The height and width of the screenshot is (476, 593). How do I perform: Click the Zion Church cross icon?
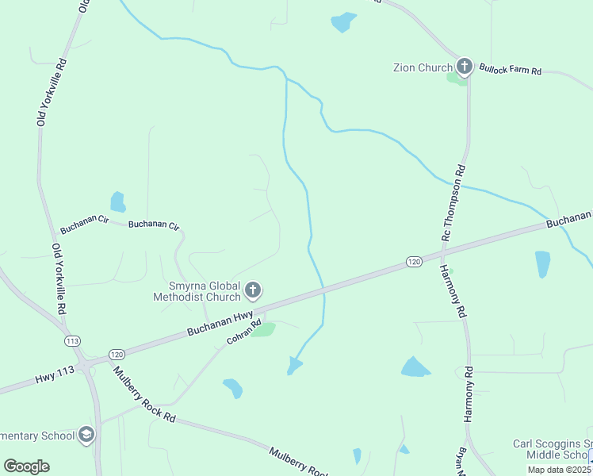point(464,67)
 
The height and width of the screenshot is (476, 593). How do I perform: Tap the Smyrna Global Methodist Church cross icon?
point(253,290)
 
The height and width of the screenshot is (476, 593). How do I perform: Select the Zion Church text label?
point(423,68)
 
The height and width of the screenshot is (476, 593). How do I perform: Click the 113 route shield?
point(73,340)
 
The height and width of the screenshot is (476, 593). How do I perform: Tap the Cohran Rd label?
point(244,331)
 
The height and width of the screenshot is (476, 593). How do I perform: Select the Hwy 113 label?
point(52,378)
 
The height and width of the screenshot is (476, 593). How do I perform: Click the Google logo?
point(26,466)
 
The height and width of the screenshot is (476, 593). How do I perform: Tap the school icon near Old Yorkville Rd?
point(86,435)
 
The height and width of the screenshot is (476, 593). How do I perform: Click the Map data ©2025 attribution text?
point(560,470)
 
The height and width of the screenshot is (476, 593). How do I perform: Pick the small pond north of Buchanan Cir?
point(117,202)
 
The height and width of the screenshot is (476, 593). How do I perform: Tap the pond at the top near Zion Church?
point(343,21)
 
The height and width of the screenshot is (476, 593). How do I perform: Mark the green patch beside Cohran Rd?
point(263,329)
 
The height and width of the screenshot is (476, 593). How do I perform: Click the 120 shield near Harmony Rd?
point(414,261)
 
